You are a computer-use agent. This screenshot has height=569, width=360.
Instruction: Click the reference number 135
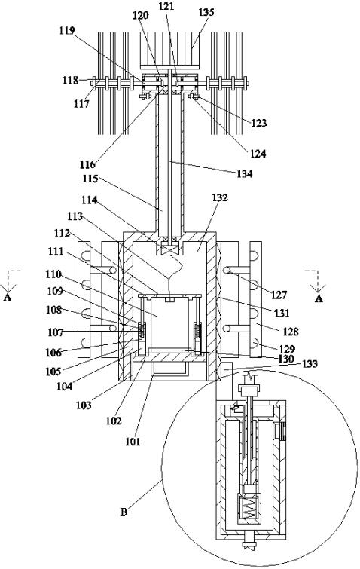coord(206,12)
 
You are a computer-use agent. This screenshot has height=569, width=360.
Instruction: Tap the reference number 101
coord(133,442)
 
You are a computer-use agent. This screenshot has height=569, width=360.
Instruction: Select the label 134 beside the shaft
coord(244,174)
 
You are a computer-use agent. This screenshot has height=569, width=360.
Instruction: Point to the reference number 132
coord(220,197)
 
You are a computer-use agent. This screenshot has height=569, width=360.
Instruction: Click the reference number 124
coord(258,154)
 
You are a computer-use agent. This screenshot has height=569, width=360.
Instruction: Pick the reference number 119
coord(67,30)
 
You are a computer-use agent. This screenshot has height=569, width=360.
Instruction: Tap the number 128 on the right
coord(291,332)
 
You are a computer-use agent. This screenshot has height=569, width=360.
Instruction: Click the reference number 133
coord(310,363)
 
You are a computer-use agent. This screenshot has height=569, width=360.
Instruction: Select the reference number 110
coord(53,274)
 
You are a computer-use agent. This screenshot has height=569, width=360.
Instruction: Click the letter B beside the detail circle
coord(124,512)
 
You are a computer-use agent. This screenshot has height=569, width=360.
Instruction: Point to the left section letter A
coord(7,298)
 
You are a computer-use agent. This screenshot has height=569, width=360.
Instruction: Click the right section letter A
coord(319,298)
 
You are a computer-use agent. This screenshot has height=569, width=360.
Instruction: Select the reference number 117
coord(81,104)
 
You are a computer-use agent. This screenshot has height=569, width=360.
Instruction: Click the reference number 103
coord(84,405)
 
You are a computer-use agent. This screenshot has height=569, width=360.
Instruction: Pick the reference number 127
coord(279,295)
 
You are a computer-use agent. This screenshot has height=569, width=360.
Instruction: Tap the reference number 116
coord(87,164)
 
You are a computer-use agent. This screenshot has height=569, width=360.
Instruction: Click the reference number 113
coord(75,216)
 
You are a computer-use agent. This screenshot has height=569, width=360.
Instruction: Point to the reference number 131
coord(282,313)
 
